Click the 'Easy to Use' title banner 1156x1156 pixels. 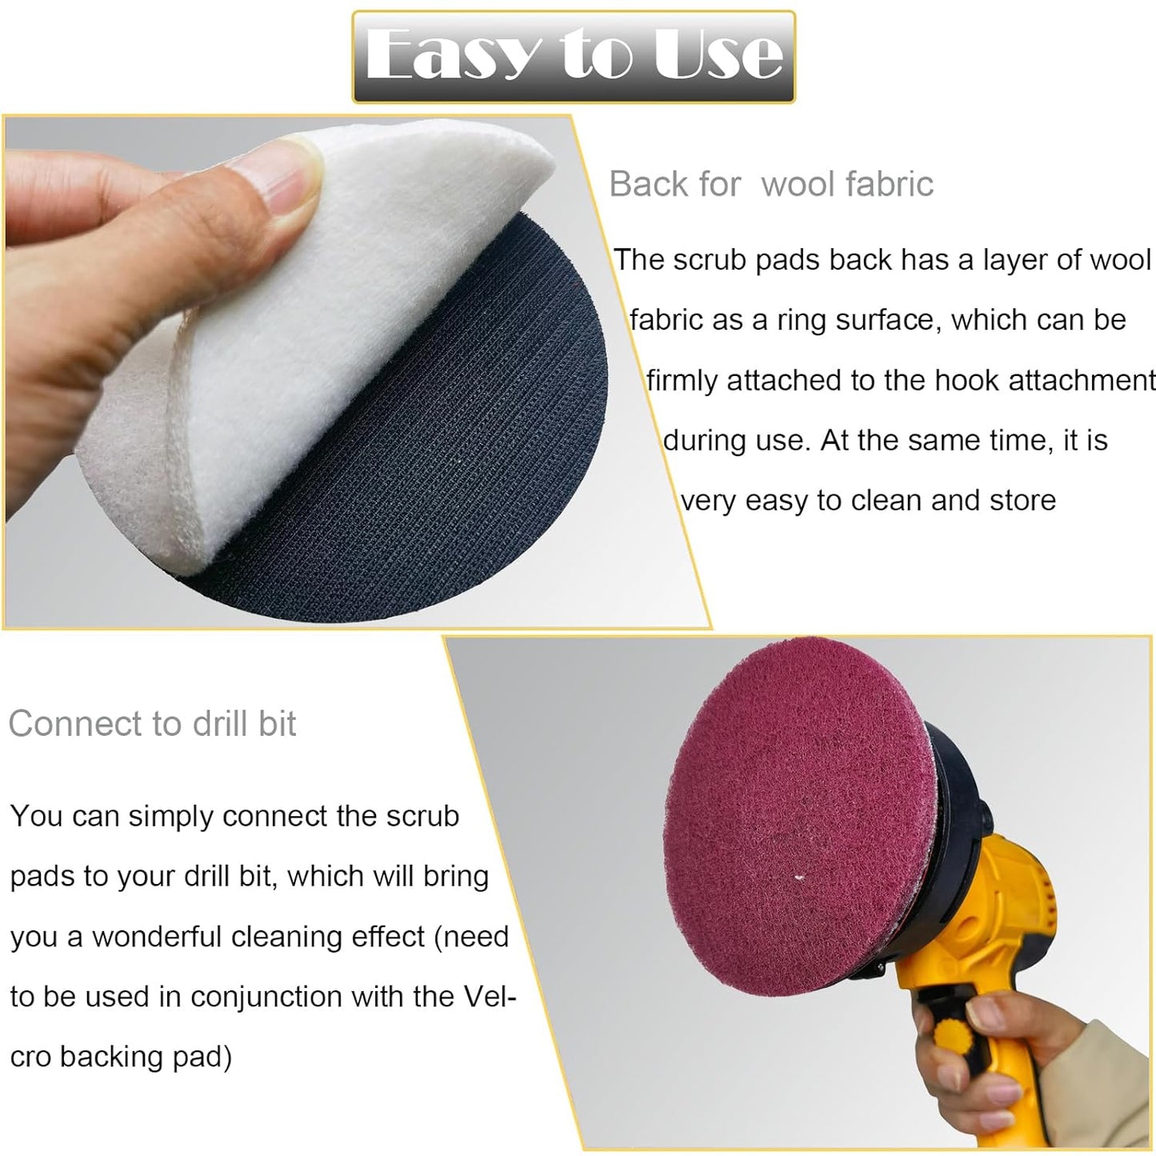click(x=574, y=56)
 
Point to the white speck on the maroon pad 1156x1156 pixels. click(x=798, y=878)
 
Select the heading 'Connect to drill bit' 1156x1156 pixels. click(x=152, y=724)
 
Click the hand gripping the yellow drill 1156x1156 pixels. click(x=984, y=1064)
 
